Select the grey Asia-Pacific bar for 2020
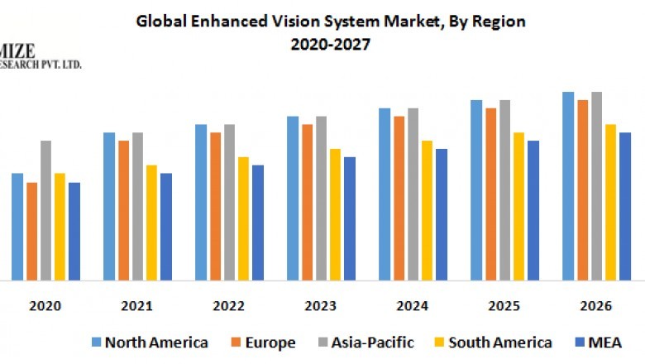45,210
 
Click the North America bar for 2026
568,186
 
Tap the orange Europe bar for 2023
308,202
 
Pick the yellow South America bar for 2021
151,223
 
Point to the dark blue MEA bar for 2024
442,214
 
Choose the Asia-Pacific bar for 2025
504,190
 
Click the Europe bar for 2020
31,231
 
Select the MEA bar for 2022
258,223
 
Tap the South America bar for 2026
611,202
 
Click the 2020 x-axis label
45,306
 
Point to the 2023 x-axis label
320,306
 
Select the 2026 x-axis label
595,306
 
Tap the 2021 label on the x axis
136,306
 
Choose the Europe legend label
268,342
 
